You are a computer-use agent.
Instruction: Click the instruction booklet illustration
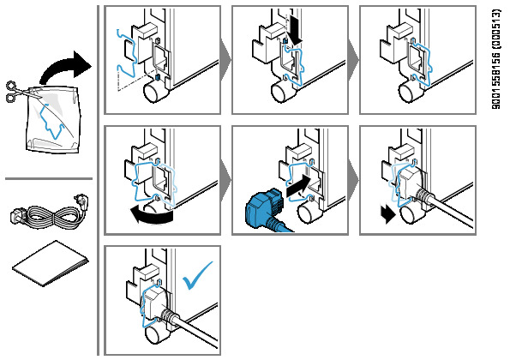pos(51,264)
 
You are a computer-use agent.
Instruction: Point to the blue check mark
pos(197,276)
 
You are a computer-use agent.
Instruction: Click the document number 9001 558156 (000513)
pos(496,59)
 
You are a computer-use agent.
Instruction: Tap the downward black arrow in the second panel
pos(295,31)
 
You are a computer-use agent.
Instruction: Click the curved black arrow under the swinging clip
pos(151,216)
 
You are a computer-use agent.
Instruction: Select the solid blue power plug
pos(265,210)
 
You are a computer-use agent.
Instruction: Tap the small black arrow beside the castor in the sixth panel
pos(387,214)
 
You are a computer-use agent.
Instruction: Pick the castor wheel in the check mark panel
pos(157,334)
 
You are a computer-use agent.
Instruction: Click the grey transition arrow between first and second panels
pos(225,60)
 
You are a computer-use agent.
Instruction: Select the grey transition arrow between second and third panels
pos(353,60)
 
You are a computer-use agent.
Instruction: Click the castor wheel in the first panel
pos(155,91)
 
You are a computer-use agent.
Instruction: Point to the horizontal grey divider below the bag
pos(49,178)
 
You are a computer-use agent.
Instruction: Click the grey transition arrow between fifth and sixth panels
pos(353,180)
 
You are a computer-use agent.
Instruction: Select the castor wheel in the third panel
pos(411,91)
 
